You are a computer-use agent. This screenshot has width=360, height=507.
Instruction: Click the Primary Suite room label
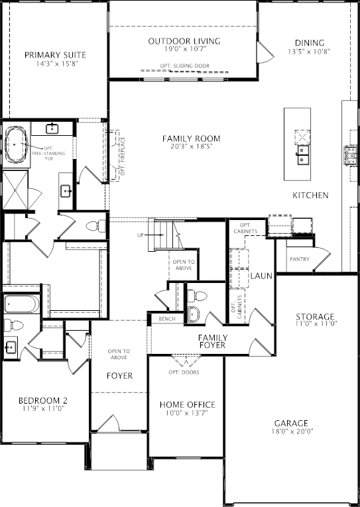click(x=55, y=55)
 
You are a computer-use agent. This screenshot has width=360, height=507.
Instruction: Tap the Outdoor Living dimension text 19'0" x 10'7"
click(x=185, y=49)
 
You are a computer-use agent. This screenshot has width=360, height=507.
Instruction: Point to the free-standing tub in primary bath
click(x=17, y=144)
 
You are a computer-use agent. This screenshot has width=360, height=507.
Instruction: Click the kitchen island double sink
click(x=303, y=155)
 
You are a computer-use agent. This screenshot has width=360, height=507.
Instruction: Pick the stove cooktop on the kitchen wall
click(x=350, y=156)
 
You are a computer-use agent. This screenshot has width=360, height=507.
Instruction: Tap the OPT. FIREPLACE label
click(x=123, y=156)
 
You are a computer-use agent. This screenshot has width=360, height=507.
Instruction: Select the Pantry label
click(x=300, y=259)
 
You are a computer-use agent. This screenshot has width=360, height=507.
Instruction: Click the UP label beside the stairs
click(x=140, y=235)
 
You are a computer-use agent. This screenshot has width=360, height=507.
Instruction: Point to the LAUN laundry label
click(x=261, y=276)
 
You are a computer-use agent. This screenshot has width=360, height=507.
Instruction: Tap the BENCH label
click(x=167, y=319)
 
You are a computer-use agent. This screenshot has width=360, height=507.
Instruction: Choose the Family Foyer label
click(x=213, y=341)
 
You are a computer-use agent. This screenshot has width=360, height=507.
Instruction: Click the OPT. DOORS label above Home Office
click(x=184, y=372)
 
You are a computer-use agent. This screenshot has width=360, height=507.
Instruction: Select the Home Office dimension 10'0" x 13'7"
click(x=188, y=413)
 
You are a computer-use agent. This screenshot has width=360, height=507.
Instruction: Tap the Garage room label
click(x=291, y=423)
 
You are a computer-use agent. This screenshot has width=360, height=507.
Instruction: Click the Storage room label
click(x=315, y=317)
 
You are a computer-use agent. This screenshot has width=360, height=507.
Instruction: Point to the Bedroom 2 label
click(x=43, y=400)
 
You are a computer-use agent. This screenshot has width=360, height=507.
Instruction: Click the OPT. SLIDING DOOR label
click(x=185, y=66)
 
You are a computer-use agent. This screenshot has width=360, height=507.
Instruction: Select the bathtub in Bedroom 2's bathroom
click(x=22, y=304)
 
